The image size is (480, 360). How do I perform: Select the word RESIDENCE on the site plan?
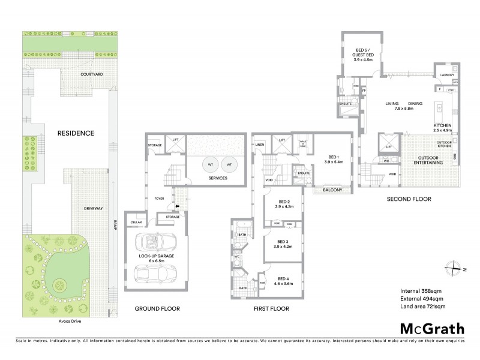76,133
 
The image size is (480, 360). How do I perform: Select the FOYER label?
159,199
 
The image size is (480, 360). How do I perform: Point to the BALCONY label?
332,190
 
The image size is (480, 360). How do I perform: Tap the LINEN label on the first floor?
259,145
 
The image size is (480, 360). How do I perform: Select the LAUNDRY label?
446,75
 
